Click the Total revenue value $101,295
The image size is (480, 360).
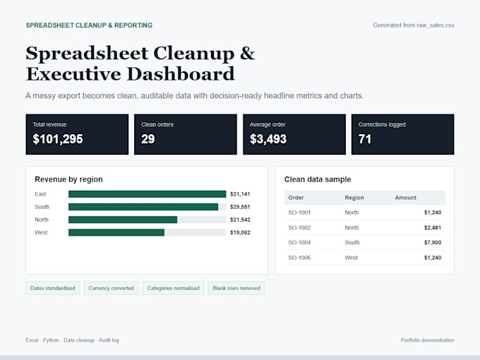58,139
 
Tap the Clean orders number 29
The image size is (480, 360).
148,139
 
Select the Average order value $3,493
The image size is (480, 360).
268,139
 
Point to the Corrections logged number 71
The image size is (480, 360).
365,139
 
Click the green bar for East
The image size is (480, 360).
148,194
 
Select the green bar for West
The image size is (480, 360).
116,233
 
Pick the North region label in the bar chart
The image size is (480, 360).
42,220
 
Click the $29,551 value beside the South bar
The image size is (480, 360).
240,207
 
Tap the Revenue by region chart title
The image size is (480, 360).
68,179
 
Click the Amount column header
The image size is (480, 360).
406,198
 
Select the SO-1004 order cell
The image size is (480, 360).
299,242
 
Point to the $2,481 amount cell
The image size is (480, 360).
433,227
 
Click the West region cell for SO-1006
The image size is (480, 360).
351,258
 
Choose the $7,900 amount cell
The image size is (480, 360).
433,242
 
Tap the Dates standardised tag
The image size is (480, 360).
53,289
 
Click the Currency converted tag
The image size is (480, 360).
111,289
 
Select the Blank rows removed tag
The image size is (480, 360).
236,289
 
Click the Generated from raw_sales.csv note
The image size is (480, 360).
414,25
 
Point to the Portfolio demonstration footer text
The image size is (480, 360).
428,340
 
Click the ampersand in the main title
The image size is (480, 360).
247,53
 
